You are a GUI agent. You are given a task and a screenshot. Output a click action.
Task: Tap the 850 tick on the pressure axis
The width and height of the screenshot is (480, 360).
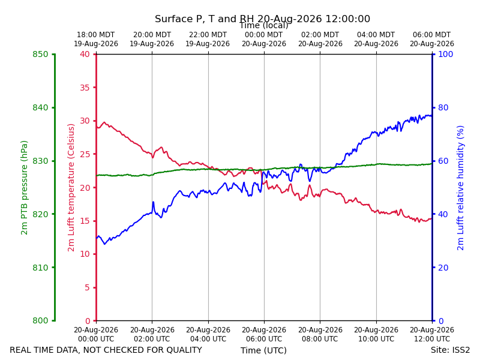(40, 54)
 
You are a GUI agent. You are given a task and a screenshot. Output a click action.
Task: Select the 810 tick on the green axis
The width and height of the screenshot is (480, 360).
(40, 268)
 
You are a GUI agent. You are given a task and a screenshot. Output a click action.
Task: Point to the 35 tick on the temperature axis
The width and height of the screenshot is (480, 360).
(85, 88)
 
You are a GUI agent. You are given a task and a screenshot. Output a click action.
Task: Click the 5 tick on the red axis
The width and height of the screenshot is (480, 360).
(87, 287)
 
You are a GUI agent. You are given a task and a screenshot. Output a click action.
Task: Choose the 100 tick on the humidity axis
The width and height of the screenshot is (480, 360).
(446, 54)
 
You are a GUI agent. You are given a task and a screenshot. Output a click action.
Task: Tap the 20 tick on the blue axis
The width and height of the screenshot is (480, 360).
(443, 268)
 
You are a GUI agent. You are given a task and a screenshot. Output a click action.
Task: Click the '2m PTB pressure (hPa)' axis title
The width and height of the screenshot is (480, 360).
(24, 188)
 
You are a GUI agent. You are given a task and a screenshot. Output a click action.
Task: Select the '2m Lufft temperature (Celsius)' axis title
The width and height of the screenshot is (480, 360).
(71, 188)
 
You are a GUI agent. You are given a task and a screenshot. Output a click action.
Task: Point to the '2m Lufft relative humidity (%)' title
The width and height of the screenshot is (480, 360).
(460, 188)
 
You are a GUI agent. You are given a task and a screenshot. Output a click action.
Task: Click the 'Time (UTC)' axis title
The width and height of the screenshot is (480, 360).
(263, 350)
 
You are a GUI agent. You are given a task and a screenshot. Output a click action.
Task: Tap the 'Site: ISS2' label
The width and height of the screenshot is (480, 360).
(450, 350)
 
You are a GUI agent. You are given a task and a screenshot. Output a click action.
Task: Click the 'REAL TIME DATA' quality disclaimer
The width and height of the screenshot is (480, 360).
(106, 350)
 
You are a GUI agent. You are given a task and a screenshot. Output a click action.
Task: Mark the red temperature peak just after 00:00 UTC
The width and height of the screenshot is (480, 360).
(104, 122)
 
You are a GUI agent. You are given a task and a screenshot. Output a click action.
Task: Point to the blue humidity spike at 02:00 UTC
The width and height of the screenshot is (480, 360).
(153, 202)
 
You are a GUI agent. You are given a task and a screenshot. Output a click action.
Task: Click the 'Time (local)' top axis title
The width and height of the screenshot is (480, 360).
(263, 25)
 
